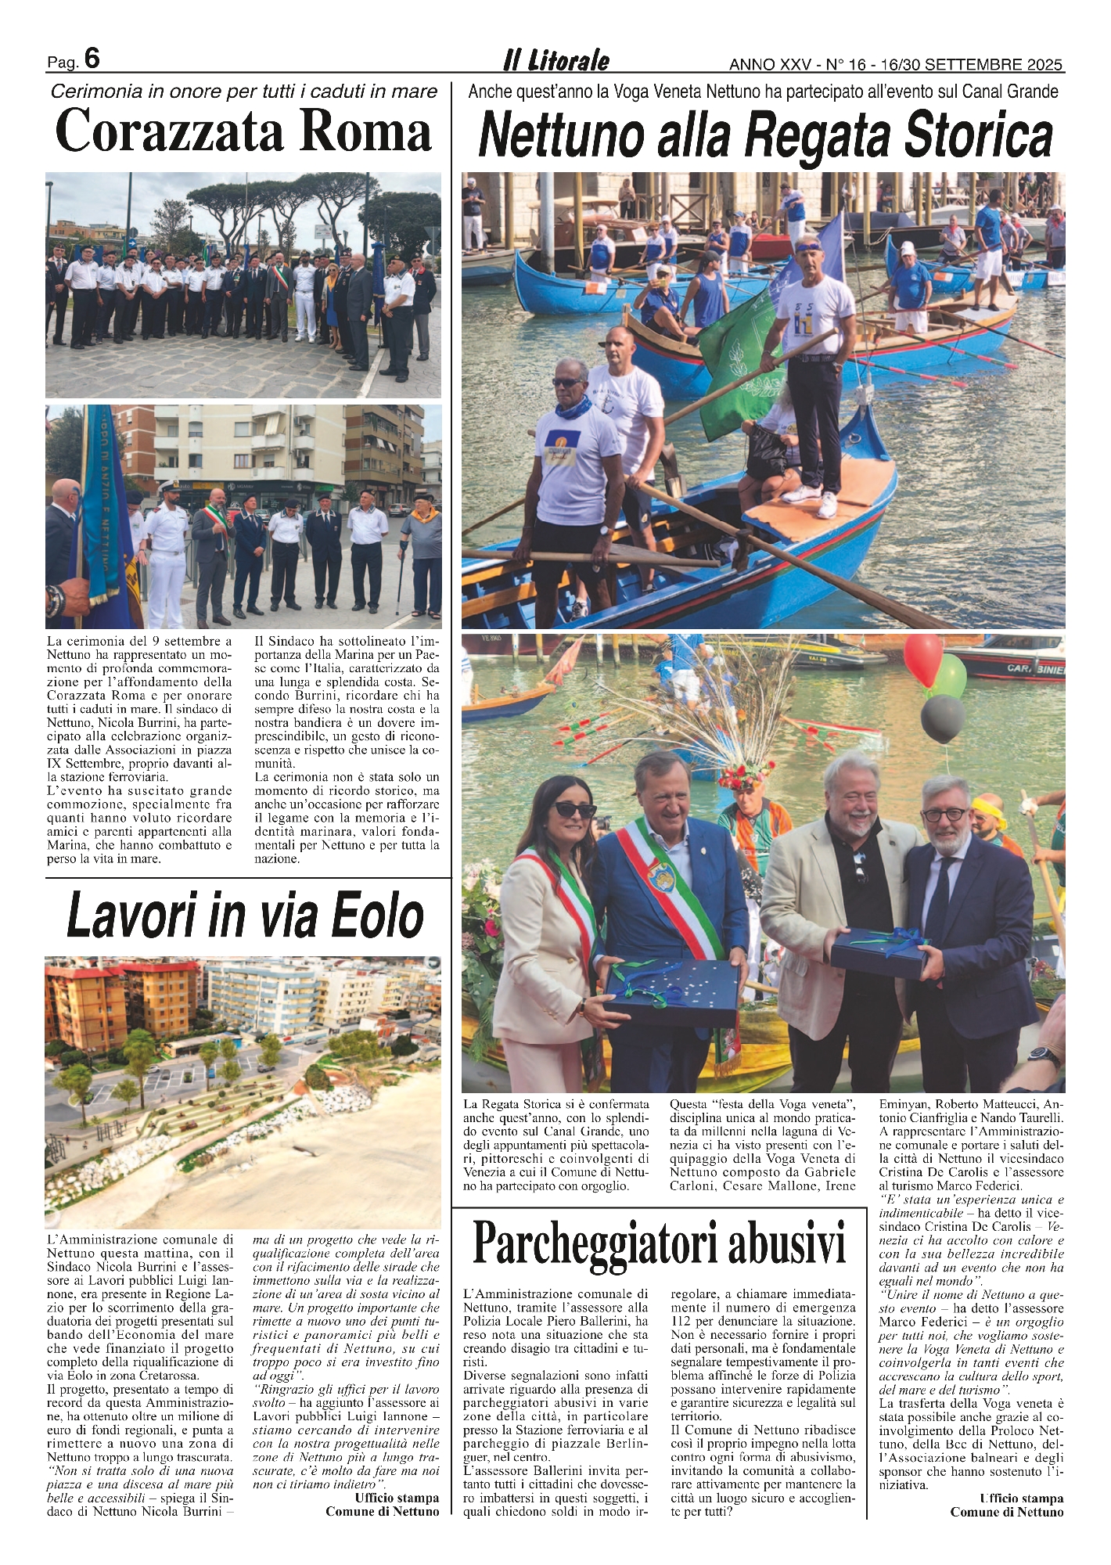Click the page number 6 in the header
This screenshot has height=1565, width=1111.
92,59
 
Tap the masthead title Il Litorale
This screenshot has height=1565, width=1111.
555,61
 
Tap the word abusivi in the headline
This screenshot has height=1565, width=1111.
787,1243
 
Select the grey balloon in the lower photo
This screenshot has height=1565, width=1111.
942,718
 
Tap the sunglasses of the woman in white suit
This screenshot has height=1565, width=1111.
575,810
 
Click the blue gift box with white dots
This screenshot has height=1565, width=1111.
673,991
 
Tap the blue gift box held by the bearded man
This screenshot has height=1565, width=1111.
880,952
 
